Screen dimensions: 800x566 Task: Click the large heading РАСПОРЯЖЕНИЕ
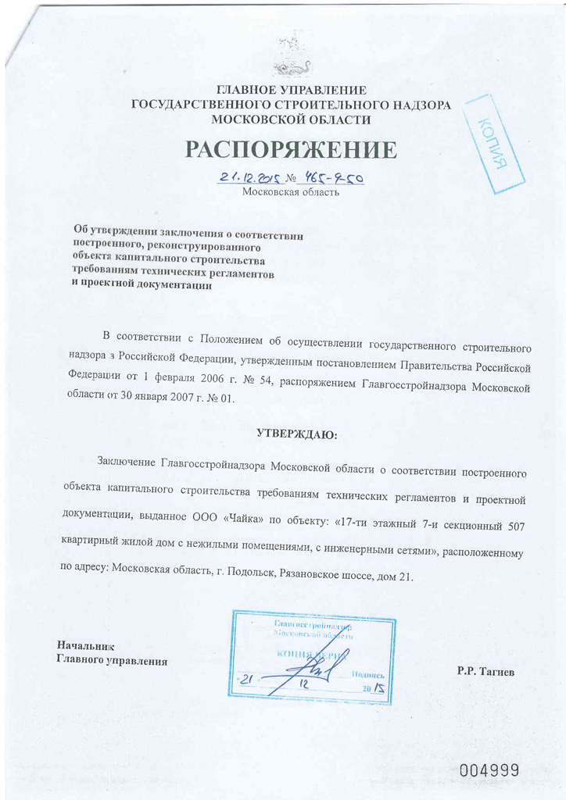pyautogui.click(x=291, y=149)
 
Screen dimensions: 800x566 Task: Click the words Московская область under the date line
pyautogui.click(x=290, y=192)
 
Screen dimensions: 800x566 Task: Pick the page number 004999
pyautogui.click(x=489, y=770)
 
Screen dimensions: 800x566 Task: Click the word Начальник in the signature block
pyautogui.click(x=86, y=647)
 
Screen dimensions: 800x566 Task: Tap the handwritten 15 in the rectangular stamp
pyautogui.click(x=379, y=688)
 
